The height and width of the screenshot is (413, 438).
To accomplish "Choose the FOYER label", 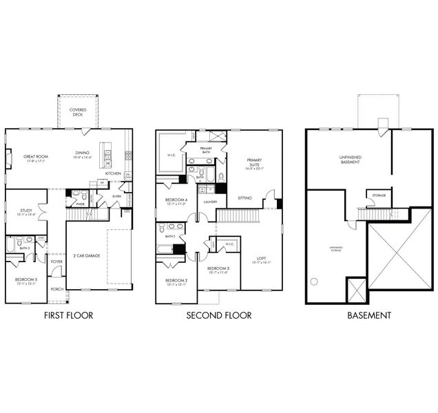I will click(x=56, y=262).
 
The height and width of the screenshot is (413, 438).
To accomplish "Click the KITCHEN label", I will click(x=113, y=173).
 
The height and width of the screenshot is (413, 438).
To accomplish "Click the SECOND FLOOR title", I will click(x=219, y=315).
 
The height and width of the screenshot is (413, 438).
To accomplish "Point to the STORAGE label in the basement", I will click(x=379, y=195).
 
